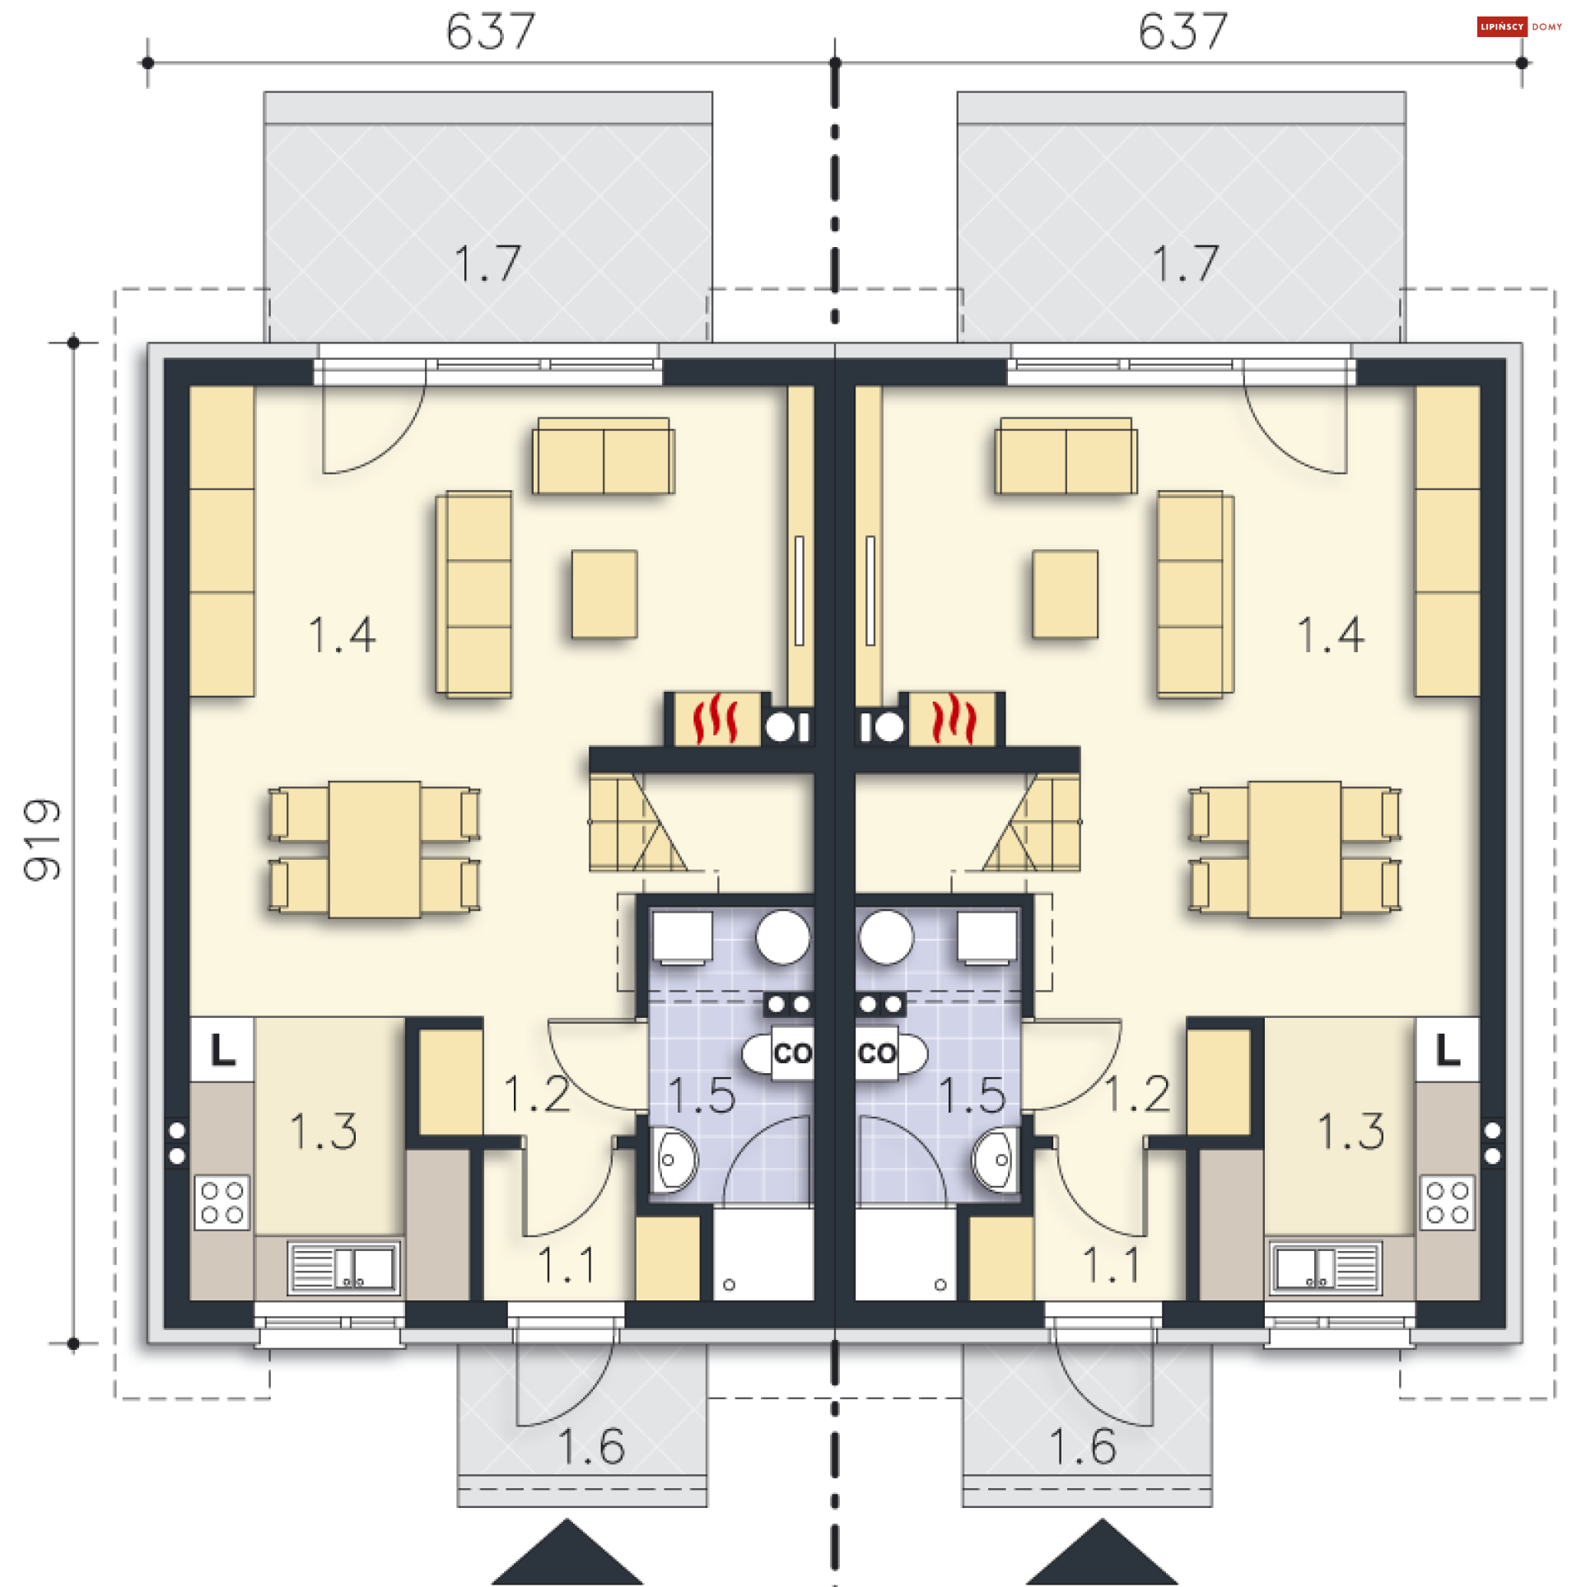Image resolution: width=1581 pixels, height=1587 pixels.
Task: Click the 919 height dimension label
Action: coord(43,839)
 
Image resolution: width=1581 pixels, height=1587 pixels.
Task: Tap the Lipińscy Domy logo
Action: coord(1520,27)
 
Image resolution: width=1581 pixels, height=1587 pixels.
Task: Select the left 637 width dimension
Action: coord(491,32)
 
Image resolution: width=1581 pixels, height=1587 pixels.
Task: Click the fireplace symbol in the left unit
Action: coord(715,719)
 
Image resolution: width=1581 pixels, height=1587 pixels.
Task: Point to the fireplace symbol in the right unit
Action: coord(953,719)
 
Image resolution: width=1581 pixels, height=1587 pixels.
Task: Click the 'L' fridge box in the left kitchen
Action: coord(222,1050)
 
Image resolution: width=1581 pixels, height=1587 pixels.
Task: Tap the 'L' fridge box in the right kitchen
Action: coord(1448,1050)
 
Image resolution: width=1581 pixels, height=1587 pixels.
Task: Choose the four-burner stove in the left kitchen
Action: coord(222,1202)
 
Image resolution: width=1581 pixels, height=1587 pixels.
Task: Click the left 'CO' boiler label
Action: coord(792,1053)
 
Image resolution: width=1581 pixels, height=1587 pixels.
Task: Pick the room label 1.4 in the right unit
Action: coord(1331,635)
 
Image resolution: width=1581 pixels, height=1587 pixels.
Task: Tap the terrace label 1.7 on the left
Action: coord(487,264)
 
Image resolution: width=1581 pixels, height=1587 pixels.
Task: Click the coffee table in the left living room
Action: coord(604,594)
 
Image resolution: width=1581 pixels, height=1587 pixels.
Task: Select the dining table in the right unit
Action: coord(1294,849)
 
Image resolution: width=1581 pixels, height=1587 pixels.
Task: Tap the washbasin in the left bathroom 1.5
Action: coord(675,1160)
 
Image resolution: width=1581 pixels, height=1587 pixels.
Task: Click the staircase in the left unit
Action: coord(638,822)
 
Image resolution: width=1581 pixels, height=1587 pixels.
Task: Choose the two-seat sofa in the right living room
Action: coord(1066,455)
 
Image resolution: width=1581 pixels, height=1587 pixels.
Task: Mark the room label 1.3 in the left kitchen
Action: coord(324,1131)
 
